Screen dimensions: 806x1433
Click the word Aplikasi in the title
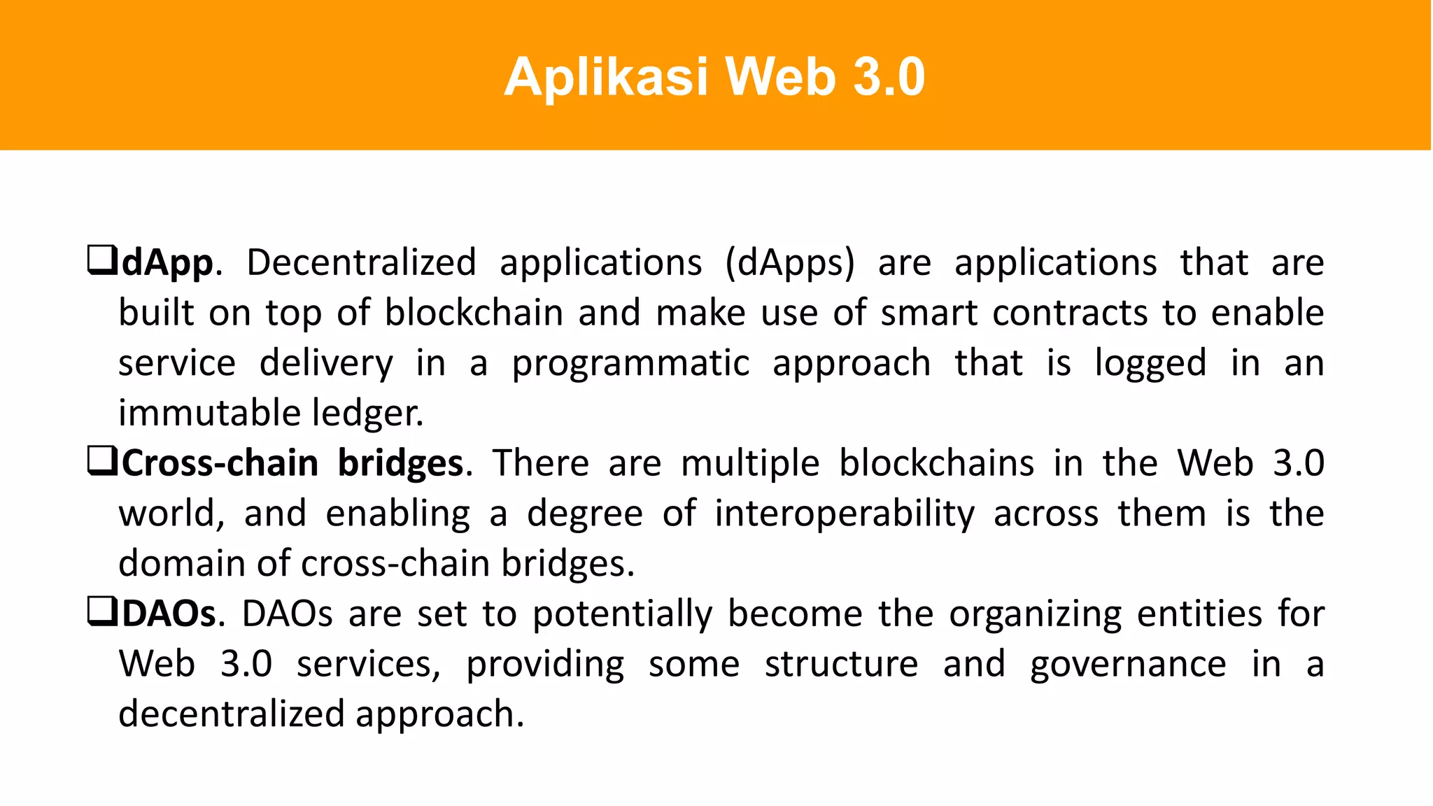(x=606, y=77)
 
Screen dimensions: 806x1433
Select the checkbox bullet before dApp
(x=101, y=260)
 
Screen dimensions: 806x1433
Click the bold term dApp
(x=167, y=264)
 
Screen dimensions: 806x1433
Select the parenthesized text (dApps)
(x=790, y=264)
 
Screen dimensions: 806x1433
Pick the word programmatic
(x=630, y=364)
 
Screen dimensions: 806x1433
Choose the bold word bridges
(x=400, y=464)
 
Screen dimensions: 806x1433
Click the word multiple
(x=749, y=464)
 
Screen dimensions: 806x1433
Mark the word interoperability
(x=845, y=514)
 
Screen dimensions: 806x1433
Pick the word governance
(x=1128, y=665)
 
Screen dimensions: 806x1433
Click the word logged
(x=1150, y=364)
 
